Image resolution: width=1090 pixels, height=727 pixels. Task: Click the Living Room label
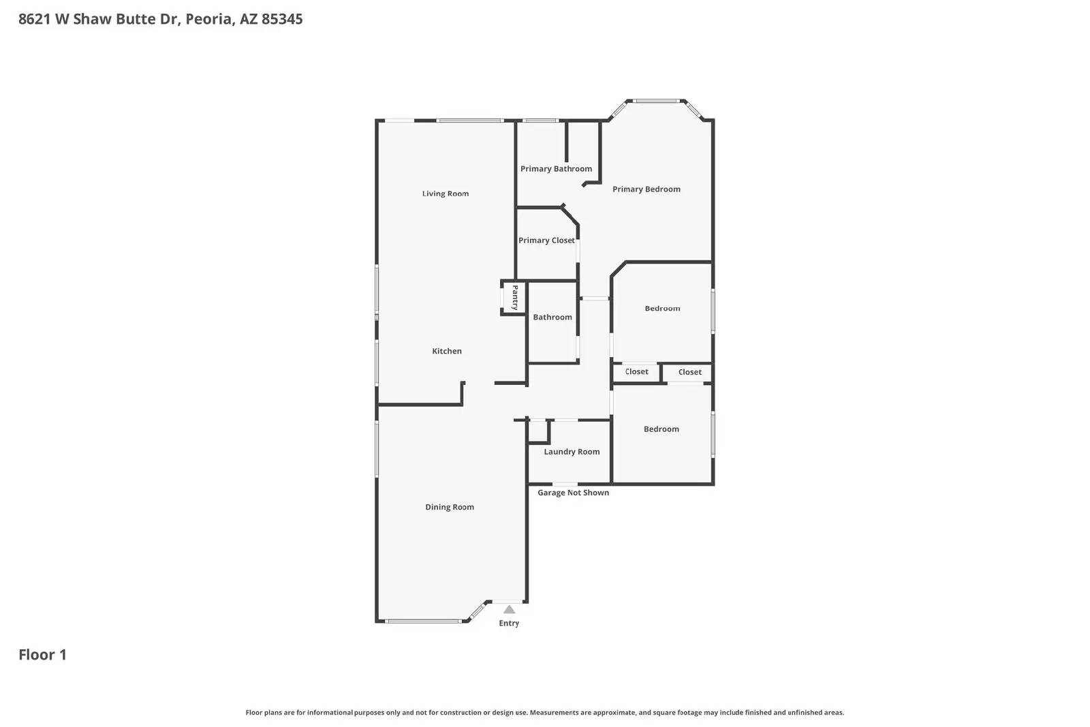click(446, 194)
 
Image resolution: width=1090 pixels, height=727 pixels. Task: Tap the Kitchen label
click(447, 351)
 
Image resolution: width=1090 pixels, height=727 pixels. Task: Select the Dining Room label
click(450, 507)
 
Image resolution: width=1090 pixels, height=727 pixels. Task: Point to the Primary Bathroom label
click(556, 169)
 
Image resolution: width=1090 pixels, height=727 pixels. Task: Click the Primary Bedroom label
click(646, 189)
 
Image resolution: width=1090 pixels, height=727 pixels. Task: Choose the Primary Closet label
click(546, 241)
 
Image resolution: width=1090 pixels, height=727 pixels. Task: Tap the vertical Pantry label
click(515, 298)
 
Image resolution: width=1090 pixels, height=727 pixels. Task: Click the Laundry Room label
click(572, 452)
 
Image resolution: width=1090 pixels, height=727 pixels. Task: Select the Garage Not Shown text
click(573, 493)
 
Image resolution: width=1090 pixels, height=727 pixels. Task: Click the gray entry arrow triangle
click(509, 609)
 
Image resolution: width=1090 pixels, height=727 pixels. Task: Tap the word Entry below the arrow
click(509, 623)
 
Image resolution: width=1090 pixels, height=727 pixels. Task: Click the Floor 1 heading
click(42, 655)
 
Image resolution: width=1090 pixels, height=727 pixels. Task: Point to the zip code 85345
click(282, 19)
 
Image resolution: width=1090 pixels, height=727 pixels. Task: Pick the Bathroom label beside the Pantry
click(552, 318)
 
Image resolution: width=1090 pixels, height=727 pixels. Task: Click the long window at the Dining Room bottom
click(422, 621)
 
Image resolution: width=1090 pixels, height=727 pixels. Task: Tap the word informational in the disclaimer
click(330, 713)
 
